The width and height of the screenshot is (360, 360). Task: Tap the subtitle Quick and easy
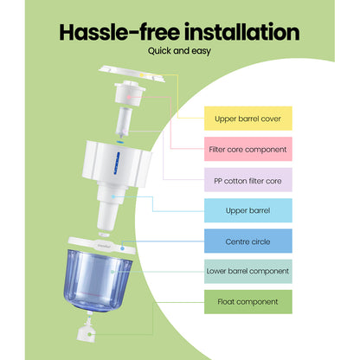coord(179,55)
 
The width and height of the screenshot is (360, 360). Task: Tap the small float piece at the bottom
coord(87,332)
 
